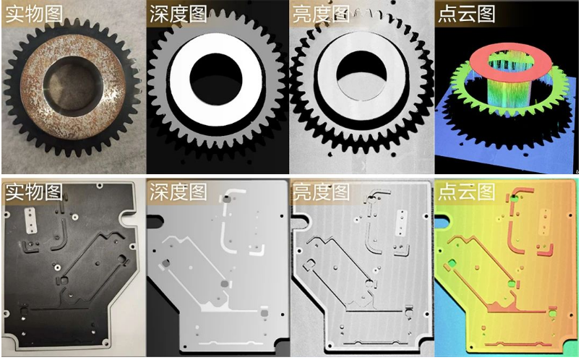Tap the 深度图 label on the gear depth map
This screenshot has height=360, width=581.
point(178,14)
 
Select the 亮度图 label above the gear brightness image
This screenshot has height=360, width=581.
point(321,14)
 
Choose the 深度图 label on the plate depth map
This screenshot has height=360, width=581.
point(178,192)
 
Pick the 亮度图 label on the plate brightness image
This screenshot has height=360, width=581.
point(321,192)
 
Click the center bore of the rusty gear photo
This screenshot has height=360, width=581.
point(69,86)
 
